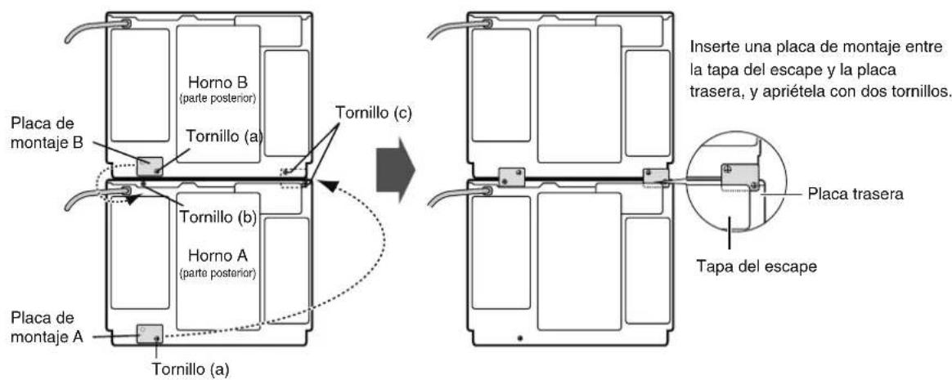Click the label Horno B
218,82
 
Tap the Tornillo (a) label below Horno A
192,369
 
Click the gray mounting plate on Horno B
150,167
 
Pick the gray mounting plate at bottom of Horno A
150,334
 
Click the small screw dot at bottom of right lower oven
519,338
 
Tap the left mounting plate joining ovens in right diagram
510,177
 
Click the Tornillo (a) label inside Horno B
225,137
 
